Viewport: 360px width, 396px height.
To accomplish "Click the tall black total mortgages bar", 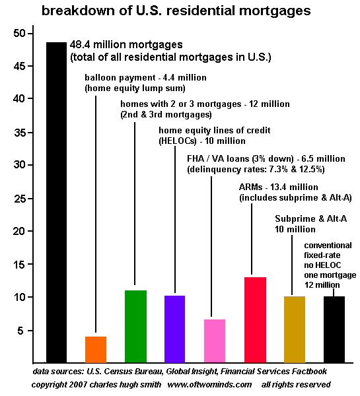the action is (x=56, y=203).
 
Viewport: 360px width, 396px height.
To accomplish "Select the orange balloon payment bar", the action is (x=96, y=350).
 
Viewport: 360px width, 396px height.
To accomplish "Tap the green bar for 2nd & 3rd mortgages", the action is (x=136, y=327).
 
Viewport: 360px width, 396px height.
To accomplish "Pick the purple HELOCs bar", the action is (x=174, y=329).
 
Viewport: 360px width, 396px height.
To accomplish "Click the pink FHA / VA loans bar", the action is (x=215, y=341).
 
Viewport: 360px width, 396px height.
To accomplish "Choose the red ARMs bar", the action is (x=256, y=320).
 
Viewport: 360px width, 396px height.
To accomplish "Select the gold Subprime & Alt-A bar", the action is (x=295, y=329).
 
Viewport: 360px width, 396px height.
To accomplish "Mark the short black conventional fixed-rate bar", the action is (x=334, y=329).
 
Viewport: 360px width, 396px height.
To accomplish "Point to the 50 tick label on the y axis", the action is (x=19, y=34).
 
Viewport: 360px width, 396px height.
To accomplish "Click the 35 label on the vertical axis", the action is (x=19, y=133).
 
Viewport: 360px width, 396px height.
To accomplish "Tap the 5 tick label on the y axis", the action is (x=21, y=331).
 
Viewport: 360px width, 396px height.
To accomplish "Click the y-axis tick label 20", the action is (x=19, y=231).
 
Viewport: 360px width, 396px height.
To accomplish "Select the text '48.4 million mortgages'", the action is (x=126, y=45).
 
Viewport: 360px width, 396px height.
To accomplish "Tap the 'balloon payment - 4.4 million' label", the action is (x=145, y=77).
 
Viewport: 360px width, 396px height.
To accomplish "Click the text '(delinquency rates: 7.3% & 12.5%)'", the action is (x=256, y=169).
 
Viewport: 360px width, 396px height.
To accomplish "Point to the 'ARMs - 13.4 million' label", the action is (x=278, y=187).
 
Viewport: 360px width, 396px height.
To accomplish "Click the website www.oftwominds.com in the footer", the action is (x=209, y=385).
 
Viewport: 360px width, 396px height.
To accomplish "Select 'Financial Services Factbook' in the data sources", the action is (x=273, y=372).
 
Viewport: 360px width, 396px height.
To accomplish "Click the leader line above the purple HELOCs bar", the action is (x=175, y=220).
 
